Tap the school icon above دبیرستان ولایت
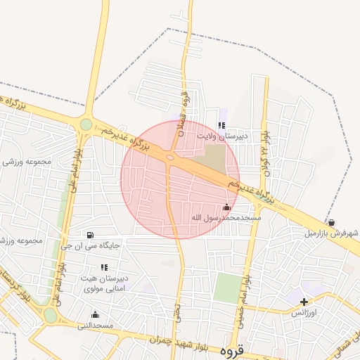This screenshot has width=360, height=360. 221,125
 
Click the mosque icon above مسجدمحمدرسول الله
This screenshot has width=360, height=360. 226,207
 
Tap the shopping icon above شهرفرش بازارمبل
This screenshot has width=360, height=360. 331,222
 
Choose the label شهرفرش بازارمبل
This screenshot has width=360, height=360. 331,233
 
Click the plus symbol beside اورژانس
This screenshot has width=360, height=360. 303,301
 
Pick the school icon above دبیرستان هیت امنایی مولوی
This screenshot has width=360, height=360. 104,267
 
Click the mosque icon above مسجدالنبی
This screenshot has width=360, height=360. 95,314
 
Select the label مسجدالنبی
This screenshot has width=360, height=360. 96,326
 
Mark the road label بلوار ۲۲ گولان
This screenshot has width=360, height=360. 266,152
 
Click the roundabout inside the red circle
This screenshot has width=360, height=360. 171,157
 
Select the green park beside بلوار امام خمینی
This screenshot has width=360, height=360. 226,288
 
